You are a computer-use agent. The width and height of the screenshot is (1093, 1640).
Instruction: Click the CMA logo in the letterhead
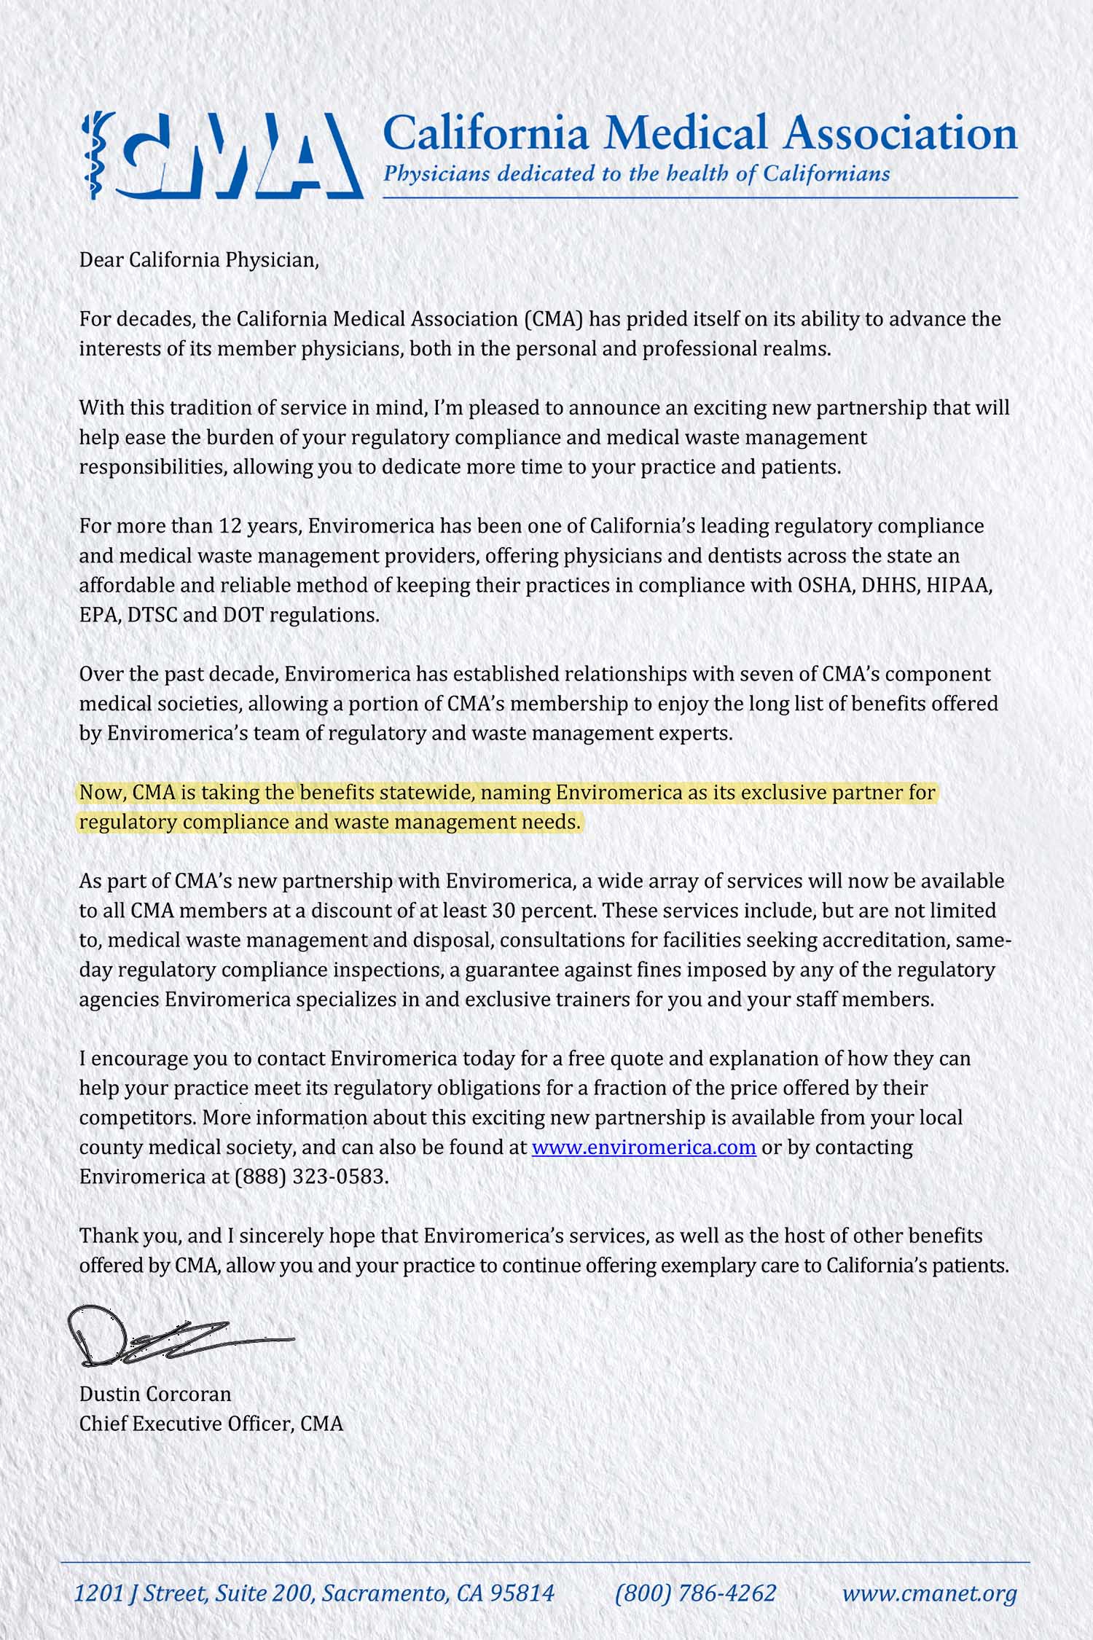[x=222, y=155]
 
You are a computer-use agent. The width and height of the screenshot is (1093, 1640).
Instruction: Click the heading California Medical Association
[x=700, y=133]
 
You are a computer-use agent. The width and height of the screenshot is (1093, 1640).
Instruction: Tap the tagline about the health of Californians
[x=636, y=174]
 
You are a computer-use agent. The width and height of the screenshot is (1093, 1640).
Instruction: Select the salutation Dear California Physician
[x=199, y=260]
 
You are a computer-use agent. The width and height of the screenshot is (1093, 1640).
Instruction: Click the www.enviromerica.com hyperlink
[x=643, y=1147]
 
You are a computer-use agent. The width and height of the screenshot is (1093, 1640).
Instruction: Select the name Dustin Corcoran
[x=155, y=1394]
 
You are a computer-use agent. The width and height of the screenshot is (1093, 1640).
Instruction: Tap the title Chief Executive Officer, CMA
[x=211, y=1424]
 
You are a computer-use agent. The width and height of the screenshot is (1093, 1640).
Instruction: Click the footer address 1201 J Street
[x=314, y=1594]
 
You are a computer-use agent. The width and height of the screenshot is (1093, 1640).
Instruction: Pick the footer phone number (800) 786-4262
[x=695, y=1594]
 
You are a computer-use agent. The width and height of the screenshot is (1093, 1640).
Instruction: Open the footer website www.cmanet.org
[x=929, y=1594]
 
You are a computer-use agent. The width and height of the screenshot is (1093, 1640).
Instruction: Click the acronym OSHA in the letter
[x=827, y=586]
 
